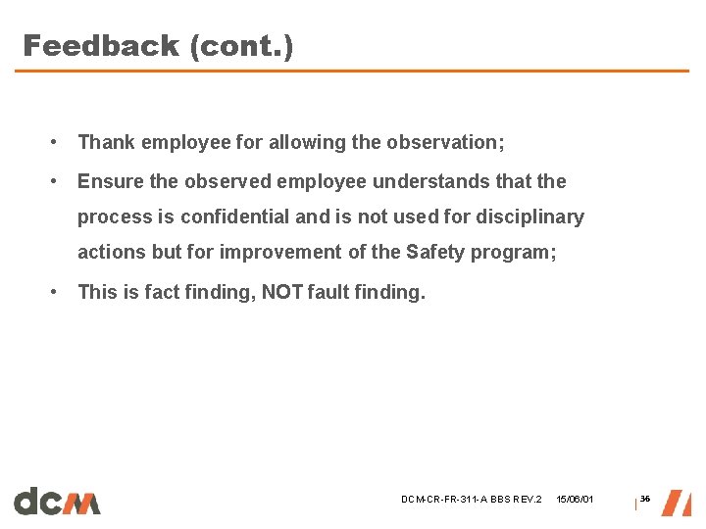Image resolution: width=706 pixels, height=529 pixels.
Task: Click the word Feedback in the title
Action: click(101, 45)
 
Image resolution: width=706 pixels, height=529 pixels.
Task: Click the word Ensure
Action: click(110, 181)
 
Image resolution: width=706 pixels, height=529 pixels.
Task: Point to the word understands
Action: click(427, 181)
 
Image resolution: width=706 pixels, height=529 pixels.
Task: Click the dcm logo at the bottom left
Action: click(57, 501)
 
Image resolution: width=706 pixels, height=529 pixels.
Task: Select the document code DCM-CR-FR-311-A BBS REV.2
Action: click(471, 501)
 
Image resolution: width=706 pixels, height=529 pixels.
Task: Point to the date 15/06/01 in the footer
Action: click(575, 501)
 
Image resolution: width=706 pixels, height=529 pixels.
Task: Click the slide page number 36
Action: click(645, 500)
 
